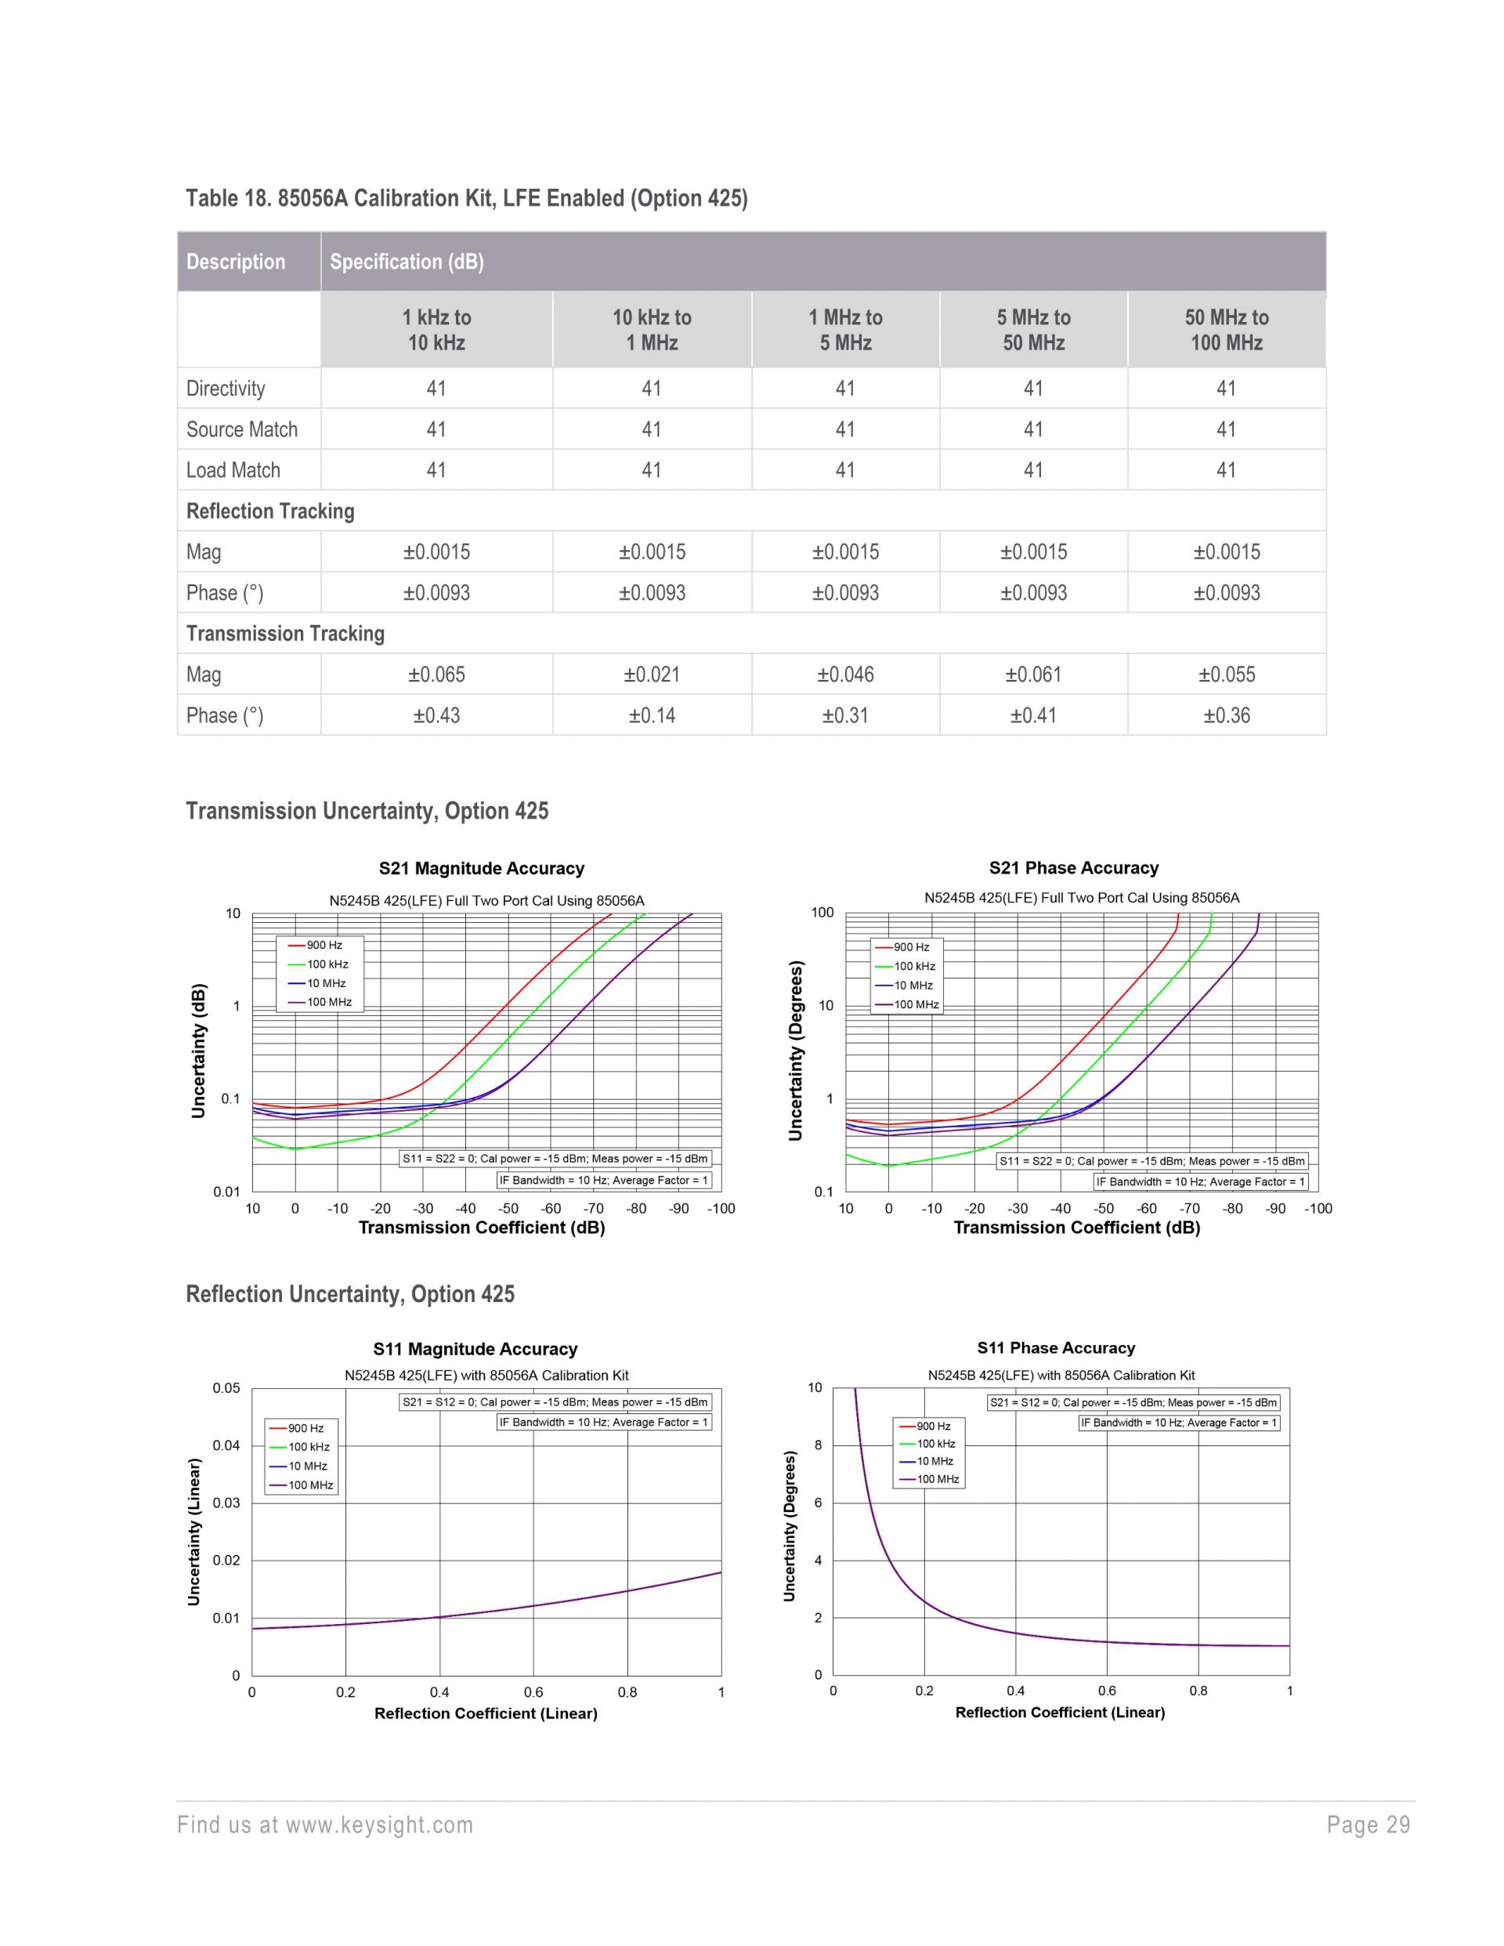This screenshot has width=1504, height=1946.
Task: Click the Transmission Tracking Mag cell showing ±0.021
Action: point(651,675)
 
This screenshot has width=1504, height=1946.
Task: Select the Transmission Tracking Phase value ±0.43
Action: point(436,715)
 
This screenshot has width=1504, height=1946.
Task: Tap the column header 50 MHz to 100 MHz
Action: point(1226,330)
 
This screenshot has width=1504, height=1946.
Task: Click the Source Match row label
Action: point(241,429)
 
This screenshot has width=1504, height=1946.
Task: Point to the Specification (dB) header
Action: point(407,262)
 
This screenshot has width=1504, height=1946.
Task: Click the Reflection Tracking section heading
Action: point(270,512)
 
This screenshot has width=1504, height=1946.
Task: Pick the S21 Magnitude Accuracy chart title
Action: point(481,869)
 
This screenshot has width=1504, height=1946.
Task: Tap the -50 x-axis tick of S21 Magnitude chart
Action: point(508,1209)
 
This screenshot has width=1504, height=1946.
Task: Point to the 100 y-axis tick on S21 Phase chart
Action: point(822,913)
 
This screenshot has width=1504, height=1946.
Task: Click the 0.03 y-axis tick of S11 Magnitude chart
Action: point(226,1503)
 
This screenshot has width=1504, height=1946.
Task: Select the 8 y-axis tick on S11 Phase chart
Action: point(818,1445)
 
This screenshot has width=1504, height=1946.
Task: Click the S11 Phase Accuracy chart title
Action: point(1056,1348)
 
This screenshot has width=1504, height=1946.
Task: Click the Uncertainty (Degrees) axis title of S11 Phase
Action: point(790,1526)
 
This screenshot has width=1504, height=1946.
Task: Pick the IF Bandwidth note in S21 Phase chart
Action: point(1200,1181)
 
